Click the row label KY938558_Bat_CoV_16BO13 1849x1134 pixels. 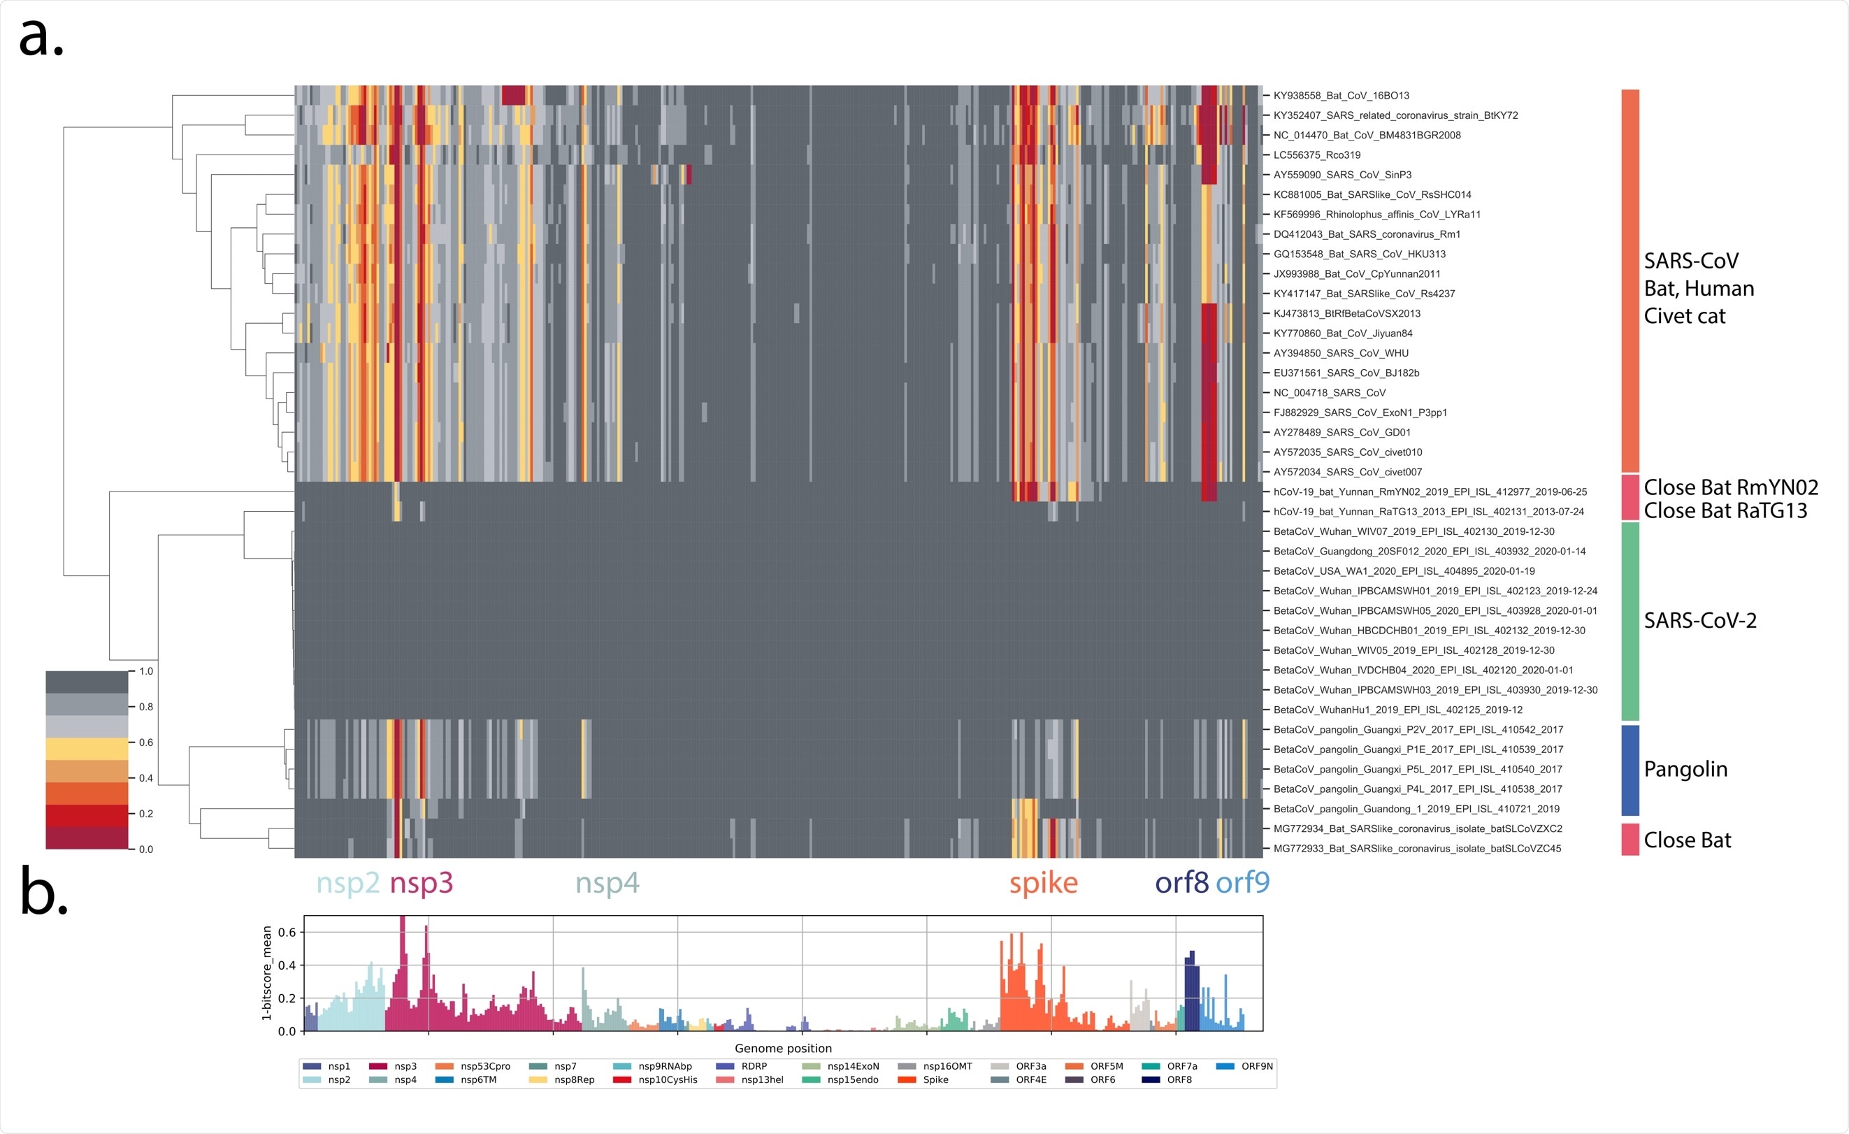pos(1341,95)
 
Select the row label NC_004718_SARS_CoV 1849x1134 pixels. pos(1329,392)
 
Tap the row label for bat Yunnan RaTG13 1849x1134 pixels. pos(1428,512)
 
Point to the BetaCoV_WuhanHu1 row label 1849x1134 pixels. pos(1397,710)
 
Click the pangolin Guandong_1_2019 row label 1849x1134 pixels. pos(1416,809)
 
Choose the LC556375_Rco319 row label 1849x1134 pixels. pos(1316,155)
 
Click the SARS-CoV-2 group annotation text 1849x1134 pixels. pos(1699,621)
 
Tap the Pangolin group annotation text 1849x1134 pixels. pos(1685,769)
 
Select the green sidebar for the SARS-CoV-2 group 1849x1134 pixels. pos(1630,622)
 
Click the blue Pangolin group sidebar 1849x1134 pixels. pos(1630,770)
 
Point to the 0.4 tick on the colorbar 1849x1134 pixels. pos(145,778)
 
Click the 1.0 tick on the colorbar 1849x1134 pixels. pos(145,672)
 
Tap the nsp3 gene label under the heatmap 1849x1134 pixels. pos(421,883)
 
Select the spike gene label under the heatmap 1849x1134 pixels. pos(1043,883)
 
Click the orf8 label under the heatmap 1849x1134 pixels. pos(1181,883)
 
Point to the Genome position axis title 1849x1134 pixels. pos(783,1049)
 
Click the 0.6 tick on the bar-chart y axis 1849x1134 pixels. pos(287,932)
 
